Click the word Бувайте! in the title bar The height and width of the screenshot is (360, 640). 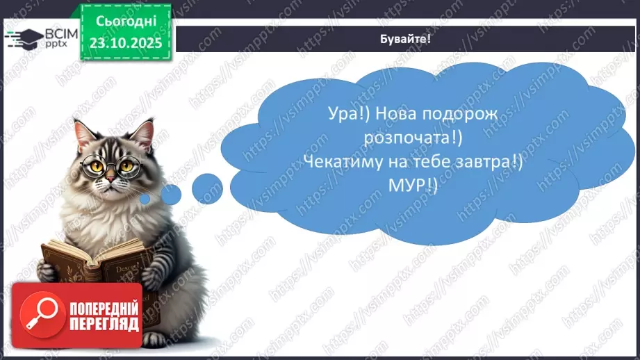407,39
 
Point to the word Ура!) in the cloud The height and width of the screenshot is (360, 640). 345,115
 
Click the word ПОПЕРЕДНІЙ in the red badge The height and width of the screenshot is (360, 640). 104,308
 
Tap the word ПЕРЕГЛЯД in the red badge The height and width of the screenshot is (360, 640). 104,324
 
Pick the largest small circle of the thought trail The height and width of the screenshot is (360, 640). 206,187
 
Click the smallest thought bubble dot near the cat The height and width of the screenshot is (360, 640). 145,199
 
